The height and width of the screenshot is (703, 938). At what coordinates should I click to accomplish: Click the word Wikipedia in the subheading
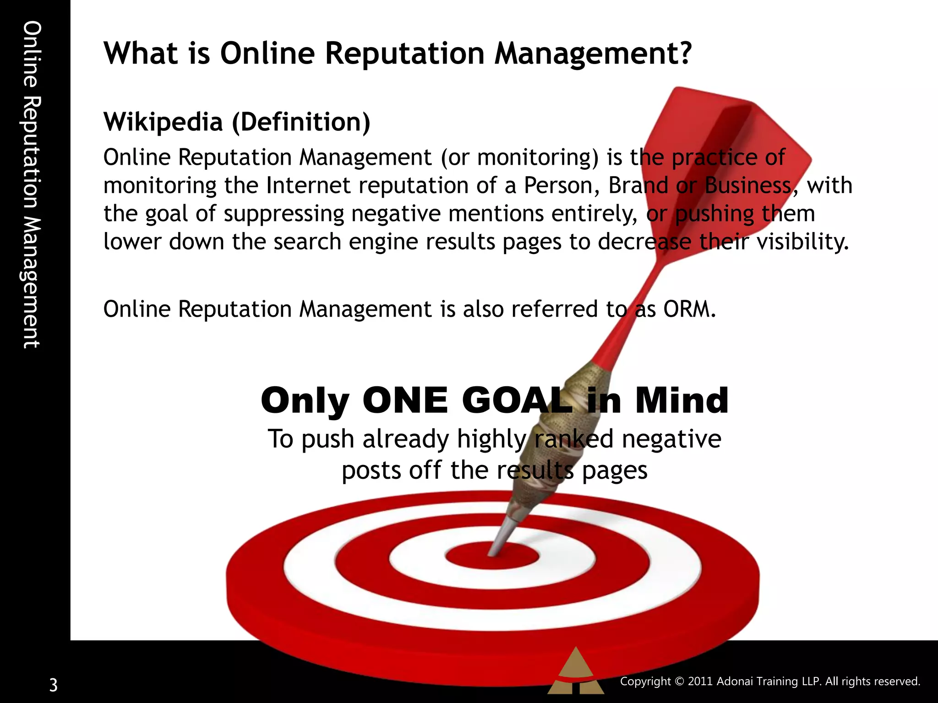pos(163,122)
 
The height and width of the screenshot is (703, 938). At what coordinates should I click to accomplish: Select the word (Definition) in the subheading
pos(301,122)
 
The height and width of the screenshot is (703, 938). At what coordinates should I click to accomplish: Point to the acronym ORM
pos(689,309)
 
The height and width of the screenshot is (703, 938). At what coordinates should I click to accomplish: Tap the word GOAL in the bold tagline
pos(518,401)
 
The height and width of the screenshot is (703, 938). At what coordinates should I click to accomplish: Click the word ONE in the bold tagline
pos(405,401)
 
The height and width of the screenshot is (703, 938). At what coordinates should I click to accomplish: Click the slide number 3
pos(54,685)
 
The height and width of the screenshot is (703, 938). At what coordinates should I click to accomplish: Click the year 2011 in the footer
pos(700,681)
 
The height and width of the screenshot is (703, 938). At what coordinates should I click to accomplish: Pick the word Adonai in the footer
pos(734,681)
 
